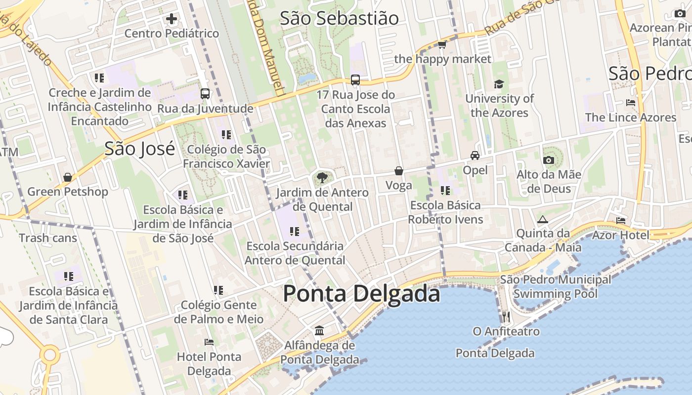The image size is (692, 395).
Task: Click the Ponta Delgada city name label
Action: (361, 294)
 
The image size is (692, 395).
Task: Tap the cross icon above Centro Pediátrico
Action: (172, 19)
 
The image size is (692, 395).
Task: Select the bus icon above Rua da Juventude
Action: (205, 94)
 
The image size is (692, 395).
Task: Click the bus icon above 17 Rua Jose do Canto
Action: (355, 80)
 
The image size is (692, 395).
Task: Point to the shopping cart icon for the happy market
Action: (442, 45)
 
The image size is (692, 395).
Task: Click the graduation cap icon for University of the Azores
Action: (499, 84)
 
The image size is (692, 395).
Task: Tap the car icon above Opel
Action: (475, 156)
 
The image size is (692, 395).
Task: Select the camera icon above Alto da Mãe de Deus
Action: (548, 160)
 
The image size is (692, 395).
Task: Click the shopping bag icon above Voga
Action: (398, 171)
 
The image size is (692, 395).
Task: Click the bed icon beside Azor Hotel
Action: (621, 221)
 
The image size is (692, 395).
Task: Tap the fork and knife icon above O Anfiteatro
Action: (506, 316)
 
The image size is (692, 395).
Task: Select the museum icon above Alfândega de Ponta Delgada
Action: (319, 330)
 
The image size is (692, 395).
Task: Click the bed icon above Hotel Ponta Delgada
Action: (209, 342)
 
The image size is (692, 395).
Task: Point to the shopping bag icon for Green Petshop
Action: (68, 177)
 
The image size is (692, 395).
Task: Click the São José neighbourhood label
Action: (140, 148)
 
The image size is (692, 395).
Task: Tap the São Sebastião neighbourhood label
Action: (339, 18)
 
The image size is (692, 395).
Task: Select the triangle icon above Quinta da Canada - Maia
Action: (542, 219)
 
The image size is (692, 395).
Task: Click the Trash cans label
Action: (48, 238)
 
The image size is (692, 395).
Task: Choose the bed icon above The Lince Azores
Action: (630, 103)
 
